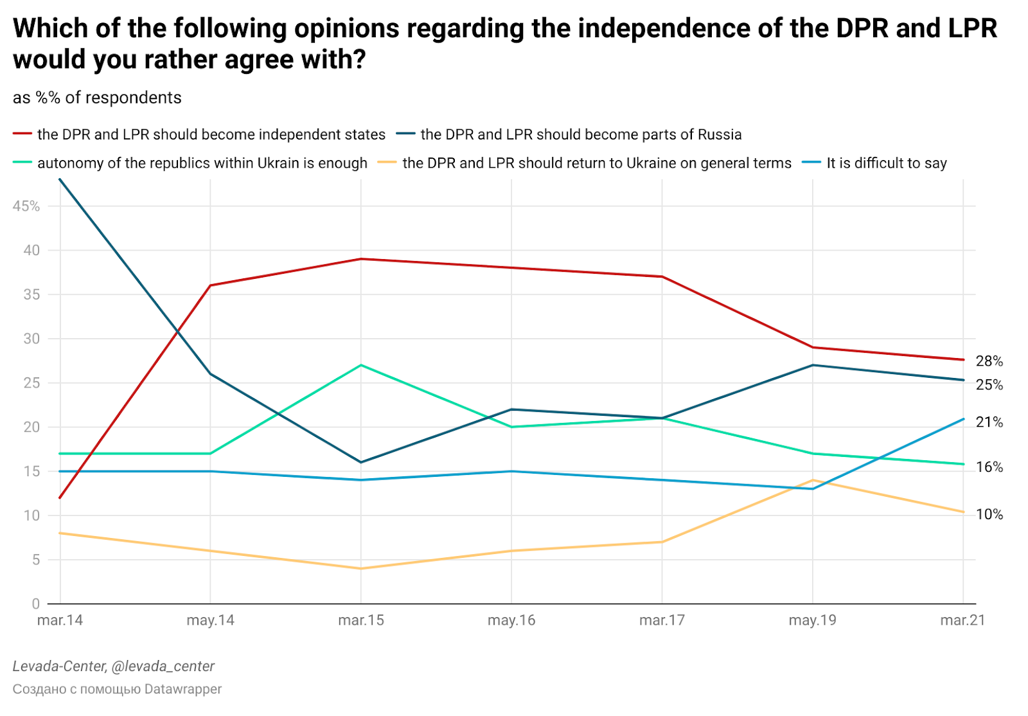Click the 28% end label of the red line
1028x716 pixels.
coord(989,361)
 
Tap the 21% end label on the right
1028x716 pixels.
coord(989,422)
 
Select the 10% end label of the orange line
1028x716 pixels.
coord(989,514)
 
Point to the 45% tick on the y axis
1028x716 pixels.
coord(26,206)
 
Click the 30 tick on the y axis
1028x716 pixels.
coord(31,339)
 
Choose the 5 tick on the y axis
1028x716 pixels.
coord(35,560)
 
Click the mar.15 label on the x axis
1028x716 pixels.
coord(361,620)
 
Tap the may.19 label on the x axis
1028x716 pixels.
coord(812,620)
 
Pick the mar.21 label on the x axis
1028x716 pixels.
coord(962,620)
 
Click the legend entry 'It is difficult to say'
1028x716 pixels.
coord(886,163)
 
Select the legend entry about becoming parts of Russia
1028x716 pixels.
coord(580,135)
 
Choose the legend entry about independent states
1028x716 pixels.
coord(211,135)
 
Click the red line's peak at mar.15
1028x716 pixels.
coord(361,259)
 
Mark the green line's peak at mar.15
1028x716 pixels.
coord(361,365)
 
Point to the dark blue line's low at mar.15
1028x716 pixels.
coord(361,462)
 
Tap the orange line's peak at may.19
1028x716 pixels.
coord(813,480)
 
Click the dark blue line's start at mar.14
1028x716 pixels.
coord(60,180)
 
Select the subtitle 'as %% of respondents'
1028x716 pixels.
coord(97,98)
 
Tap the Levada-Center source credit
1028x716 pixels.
coord(114,667)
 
